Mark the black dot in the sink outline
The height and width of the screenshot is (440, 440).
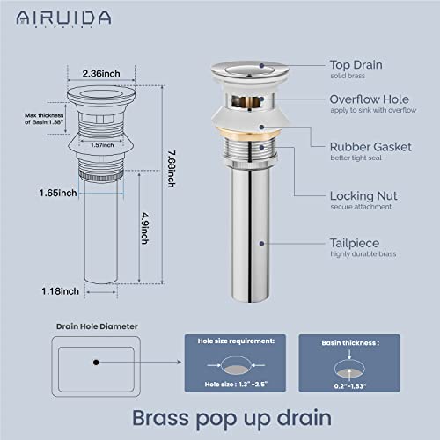click(94, 361)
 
